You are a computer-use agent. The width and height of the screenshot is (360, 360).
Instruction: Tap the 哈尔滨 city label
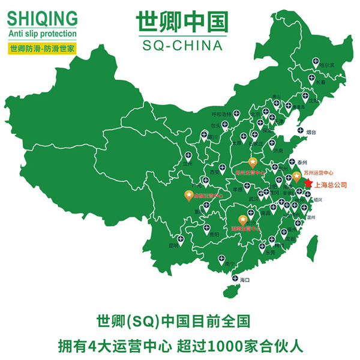[x=326, y=64]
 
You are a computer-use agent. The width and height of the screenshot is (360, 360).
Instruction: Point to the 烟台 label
[x=311, y=131]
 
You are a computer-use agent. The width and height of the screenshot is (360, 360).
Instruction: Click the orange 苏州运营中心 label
[x=319, y=173]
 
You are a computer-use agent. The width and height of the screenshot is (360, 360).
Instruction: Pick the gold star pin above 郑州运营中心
[x=253, y=163]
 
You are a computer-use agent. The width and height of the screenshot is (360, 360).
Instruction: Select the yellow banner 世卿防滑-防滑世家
[x=42, y=47]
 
